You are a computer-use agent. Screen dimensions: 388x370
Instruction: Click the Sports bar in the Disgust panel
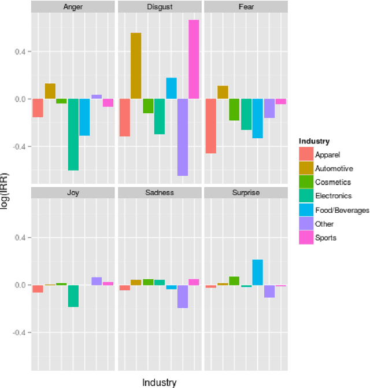coord(194,60)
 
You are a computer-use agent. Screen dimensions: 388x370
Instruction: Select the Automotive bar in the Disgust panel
coord(136,66)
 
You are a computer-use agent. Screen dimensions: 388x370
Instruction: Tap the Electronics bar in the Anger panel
coord(73,135)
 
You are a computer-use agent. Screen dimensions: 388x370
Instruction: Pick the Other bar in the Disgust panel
coord(183,137)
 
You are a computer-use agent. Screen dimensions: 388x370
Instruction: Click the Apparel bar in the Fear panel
coord(211,126)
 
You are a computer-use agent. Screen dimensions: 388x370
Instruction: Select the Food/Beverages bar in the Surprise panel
coord(257,272)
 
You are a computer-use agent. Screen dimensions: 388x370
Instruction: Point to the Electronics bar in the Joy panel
coord(73,296)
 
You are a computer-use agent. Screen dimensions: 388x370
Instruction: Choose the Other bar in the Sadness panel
coord(183,297)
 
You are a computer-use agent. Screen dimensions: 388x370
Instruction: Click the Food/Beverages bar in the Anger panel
coord(84,117)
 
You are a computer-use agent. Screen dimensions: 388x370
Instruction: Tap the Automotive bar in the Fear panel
coord(223,93)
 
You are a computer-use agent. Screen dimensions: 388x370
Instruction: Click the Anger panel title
coord(73,7)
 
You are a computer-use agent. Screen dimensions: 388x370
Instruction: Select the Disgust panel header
coord(160,7)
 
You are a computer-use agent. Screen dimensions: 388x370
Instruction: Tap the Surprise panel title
coord(246,193)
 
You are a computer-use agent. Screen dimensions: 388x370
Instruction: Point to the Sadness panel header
coord(160,193)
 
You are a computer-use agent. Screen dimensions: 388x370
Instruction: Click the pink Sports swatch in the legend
coord(306,238)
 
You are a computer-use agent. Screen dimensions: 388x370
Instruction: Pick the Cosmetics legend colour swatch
coord(306,182)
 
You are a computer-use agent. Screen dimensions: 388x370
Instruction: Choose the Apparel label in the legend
coord(327,154)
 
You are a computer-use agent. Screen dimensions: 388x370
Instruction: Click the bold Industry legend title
coord(314,141)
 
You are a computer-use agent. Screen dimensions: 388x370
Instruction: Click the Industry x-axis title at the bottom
coord(159,382)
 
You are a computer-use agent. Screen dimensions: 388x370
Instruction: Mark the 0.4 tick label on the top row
coord(19,51)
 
